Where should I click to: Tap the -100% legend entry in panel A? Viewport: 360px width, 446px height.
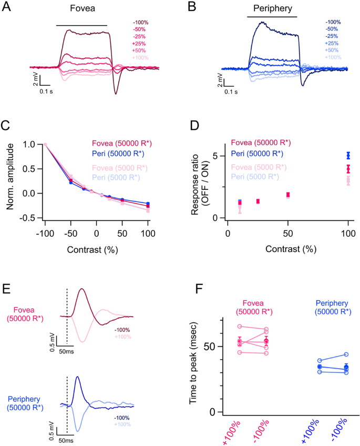click(x=140, y=23)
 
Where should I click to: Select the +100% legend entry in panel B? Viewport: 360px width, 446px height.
click(x=333, y=57)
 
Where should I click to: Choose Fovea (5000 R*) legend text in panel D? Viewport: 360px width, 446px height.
click(x=261, y=167)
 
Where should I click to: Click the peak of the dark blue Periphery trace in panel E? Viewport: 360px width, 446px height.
click(x=78, y=377)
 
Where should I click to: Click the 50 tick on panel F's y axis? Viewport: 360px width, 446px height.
click(x=211, y=347)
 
